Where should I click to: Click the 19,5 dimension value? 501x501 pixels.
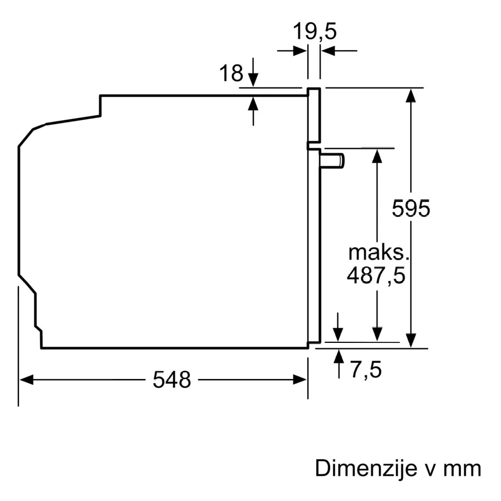(315, 31)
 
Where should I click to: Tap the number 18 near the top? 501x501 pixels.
(231, 73)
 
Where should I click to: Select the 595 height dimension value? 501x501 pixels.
(411, 208)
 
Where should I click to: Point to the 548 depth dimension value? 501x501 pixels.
(171, 380)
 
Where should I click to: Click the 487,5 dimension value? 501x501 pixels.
(376, 276)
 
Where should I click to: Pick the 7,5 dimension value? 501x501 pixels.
(366, 370)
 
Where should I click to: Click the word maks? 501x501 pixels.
(379, 252)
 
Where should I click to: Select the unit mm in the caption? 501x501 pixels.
(462, 470)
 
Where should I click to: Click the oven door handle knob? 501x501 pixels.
(333, 160)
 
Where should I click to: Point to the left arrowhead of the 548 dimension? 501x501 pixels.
(26, 380)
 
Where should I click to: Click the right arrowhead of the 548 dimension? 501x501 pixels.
(300, 380)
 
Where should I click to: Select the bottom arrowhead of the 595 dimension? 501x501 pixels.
(411, 341)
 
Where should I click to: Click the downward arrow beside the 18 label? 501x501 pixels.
(253, 72)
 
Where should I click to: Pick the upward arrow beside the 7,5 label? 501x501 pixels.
(338, 364)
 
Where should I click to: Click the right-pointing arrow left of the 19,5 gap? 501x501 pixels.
(292, 51)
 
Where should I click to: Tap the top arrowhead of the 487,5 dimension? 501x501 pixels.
(377, 156)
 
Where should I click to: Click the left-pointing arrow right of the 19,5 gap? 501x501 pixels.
(338, 51)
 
